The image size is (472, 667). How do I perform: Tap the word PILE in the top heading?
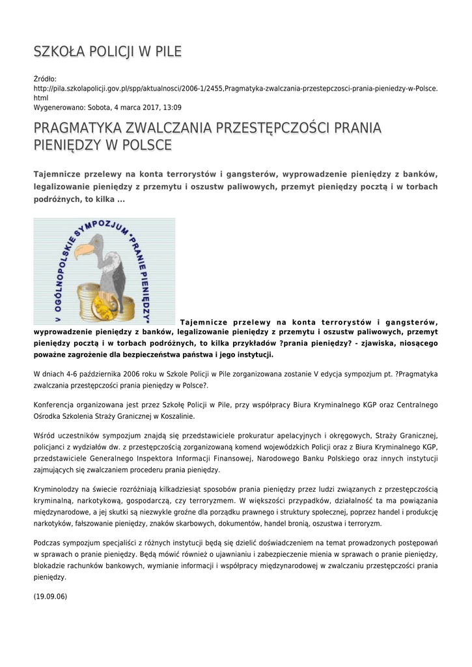167,51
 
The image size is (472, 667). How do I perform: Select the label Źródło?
46,79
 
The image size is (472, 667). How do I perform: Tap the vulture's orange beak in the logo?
84,250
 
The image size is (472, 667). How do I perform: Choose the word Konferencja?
55,404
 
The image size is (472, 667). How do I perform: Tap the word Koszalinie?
175,416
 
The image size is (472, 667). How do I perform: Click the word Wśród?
44,434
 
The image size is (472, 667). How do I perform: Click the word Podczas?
48,543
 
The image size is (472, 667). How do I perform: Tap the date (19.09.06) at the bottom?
50,596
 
